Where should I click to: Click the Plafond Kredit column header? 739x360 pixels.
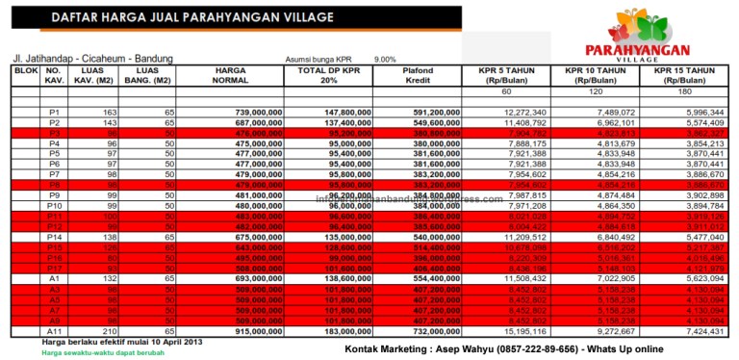(417, 76)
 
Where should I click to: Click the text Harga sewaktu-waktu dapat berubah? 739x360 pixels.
(90, 352)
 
